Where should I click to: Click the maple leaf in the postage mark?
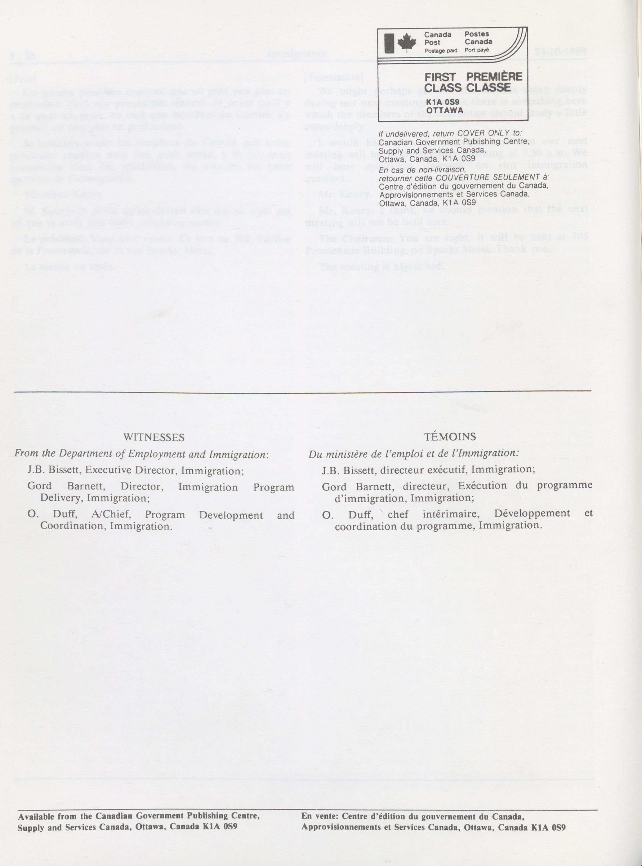406,42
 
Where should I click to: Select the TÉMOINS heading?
450,436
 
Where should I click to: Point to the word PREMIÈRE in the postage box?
494,77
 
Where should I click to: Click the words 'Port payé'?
477,50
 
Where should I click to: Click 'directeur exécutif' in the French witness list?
424,469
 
